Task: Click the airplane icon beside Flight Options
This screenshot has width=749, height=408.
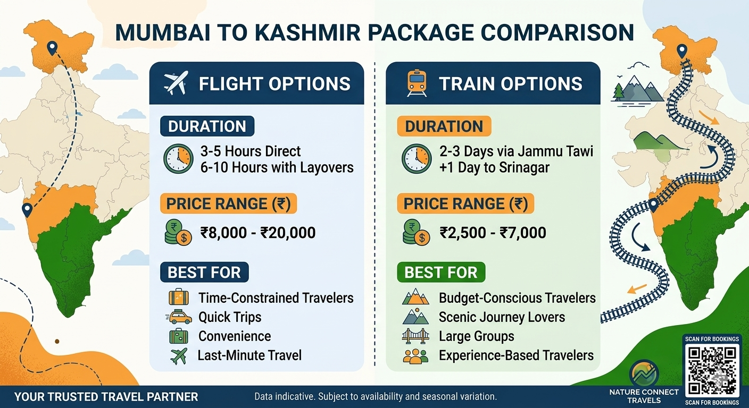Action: pos(176,83)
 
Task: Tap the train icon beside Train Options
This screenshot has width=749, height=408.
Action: pos(417,83)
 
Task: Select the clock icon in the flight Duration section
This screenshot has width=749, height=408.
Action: pos(178,159)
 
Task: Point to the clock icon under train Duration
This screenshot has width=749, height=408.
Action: pos(416,159)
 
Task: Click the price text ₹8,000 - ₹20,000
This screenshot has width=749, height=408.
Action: pos(257,232)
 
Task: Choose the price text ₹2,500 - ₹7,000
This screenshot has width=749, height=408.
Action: pos(493,232)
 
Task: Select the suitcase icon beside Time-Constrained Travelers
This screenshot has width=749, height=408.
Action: pos(179,297)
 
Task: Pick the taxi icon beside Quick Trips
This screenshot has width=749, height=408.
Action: pos(179,317)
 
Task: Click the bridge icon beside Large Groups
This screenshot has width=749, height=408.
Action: pos(415,336)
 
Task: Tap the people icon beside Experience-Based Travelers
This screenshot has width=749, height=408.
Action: pos(415,355)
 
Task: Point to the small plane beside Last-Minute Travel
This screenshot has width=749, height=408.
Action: pos(179,355)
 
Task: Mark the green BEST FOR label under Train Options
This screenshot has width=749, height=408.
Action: pos(441,273)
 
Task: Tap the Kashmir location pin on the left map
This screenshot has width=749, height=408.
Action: pos(52,49)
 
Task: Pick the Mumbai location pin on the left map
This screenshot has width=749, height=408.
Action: pos(27,210)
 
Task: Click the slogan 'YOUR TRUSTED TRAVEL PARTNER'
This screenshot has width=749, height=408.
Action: pos(106,397)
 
